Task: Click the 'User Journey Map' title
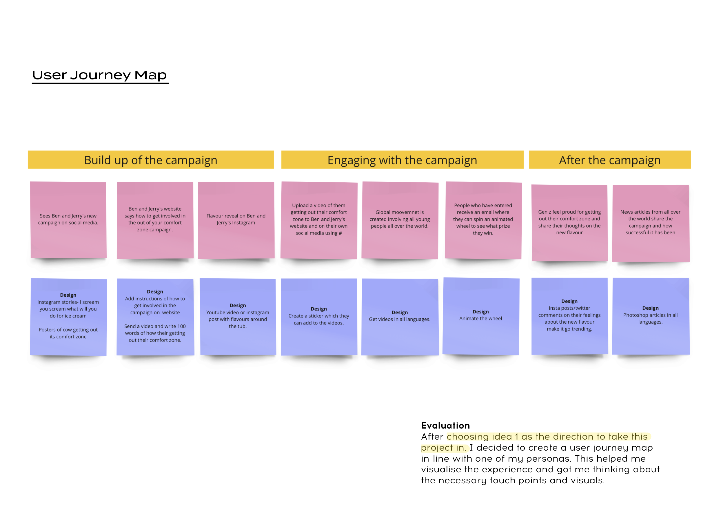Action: click(x=100, y=75)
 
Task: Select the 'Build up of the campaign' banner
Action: click(x=150, y=160)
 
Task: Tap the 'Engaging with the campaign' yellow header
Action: click(x=402, y=160)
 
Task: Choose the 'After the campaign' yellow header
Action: click(x=609, y=160)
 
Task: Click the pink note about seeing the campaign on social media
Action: click(x=68, y=219)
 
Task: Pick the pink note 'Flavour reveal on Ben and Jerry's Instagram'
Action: click(x=236, y=219)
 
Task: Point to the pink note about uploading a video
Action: click(x=318, y=219)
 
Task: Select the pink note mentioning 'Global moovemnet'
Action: click(x=399, y=219)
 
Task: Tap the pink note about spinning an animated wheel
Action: click(x=483, y=219)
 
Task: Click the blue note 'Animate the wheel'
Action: click(x=480, y=316)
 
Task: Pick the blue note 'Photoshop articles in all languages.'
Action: click(x=650, y=316)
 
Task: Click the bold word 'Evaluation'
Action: click(x=445, y=426)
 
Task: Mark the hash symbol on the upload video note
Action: click(x=340, y=233)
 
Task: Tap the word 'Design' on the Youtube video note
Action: click(x=238, y=305)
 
